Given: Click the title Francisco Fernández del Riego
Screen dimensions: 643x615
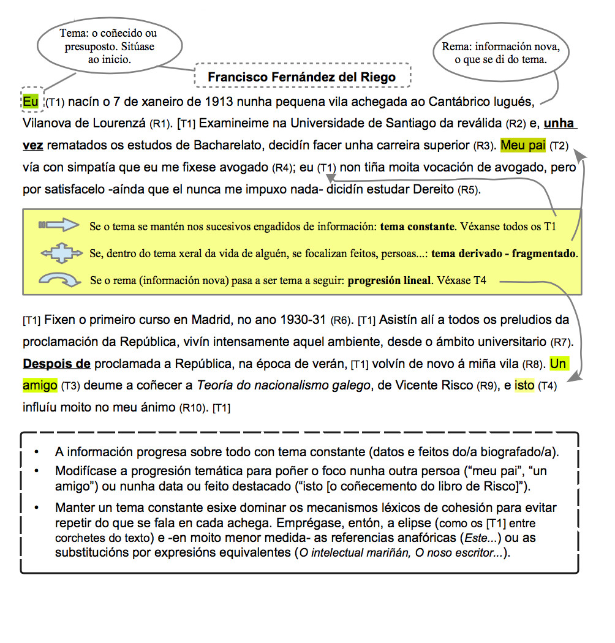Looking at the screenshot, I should (x=301, y=77).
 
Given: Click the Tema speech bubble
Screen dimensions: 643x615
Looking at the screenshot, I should (x=110, y=47).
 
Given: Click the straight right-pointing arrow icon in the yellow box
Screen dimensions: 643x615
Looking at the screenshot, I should (x=59, y=225).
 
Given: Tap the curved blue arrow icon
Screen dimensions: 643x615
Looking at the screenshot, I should (x=59, y=280).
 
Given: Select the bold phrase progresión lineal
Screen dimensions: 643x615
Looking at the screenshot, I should (x=390, y=281).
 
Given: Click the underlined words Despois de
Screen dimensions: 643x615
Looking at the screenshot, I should (x=56, y=364).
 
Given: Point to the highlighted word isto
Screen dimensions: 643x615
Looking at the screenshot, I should (x=524, y=385).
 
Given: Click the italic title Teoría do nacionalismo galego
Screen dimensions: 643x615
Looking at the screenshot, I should (x=284, y=385).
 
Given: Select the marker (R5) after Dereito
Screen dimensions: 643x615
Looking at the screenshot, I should (x=469, y=190).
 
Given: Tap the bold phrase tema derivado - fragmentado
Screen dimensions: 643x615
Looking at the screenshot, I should (x=504, y=253).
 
